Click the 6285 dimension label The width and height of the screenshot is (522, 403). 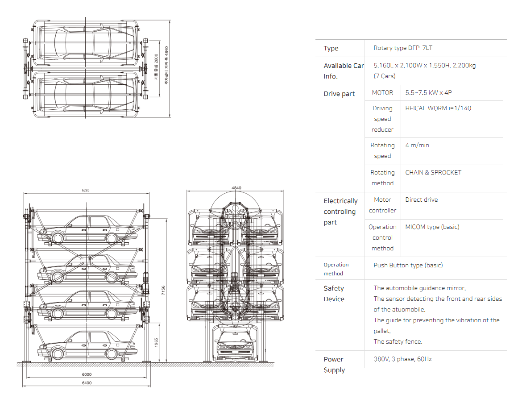pos(86,190)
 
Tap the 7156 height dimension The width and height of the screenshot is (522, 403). pos(163,290)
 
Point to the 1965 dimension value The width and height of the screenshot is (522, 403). pos(156,342)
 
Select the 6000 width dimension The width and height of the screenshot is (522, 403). pos(87,374)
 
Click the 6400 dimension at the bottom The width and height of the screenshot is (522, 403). pos(87,383)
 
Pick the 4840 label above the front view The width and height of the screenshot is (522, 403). pos(236,188)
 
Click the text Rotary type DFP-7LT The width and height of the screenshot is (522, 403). pos(403,48)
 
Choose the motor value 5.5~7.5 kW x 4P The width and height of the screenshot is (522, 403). pos(428,92)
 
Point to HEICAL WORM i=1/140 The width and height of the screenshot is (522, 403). pos(438,108)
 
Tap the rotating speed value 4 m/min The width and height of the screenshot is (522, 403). pos(417,145)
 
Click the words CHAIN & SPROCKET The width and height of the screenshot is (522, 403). pos(433,173)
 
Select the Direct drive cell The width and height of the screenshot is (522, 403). pos(422,200)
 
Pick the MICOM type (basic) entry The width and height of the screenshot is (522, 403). pos(432,227)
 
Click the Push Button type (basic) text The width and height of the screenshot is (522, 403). pos(408,266)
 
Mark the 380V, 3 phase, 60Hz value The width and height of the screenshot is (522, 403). pos(402,359)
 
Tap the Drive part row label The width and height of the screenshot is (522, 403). pos(339,94)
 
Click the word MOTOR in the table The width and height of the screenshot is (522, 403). pos(382,92)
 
